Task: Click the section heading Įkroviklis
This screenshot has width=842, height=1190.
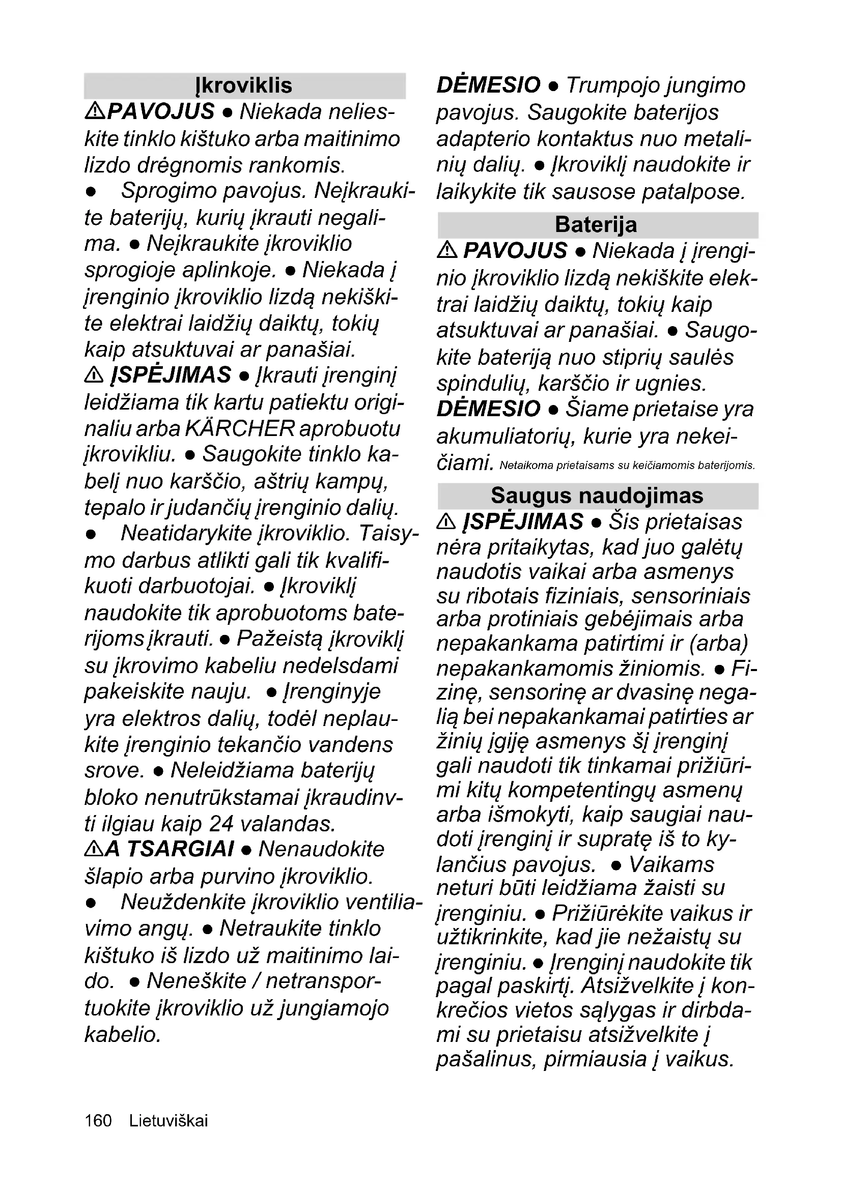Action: point(244,85)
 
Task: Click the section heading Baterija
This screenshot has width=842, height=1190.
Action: point(596,225)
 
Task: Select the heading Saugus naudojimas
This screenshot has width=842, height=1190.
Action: point(597,496)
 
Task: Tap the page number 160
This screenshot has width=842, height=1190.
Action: point(98,1120)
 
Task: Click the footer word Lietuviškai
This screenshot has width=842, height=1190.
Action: point(169,1120)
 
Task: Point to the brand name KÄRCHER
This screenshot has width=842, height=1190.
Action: point(240,428)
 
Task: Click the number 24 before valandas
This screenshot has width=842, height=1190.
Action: point(222,824)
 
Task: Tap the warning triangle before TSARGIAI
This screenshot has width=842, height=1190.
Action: point(93,849)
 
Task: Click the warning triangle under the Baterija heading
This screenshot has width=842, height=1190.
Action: point(446,251)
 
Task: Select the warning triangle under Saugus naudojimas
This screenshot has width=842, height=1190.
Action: point(446,521)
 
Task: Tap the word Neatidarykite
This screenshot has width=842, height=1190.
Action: point(186,533)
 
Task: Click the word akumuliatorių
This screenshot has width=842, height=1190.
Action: point(506,437)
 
